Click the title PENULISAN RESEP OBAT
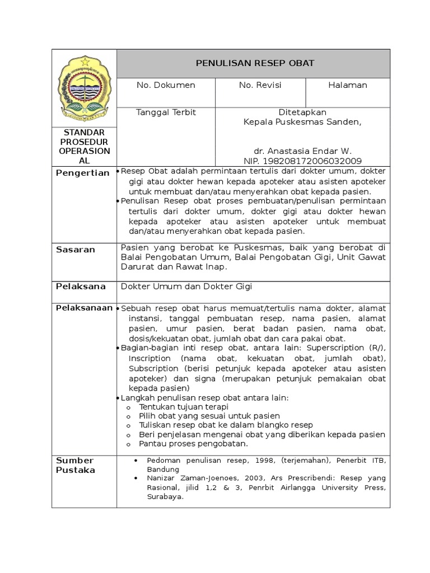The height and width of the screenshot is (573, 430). click(255, 63)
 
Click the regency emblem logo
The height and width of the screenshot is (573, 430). click(85, 86)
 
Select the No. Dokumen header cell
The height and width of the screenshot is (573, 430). click(166, 85)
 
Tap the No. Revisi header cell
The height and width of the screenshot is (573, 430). click(260, 85)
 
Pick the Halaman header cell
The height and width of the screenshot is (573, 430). click(348, 85)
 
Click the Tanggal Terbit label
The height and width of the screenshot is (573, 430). click(166, 112)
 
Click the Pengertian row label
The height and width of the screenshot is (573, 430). click(83, 173)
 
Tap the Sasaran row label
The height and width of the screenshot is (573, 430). click(76, 250)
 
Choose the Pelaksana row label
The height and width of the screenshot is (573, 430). click(81, 286)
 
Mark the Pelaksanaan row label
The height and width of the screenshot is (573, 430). click(84, 308)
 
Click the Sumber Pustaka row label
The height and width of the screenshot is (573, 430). click(75, 465)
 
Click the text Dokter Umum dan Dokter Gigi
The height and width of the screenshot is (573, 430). click(187, 286)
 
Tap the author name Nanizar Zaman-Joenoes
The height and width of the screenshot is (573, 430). click(185, 478)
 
